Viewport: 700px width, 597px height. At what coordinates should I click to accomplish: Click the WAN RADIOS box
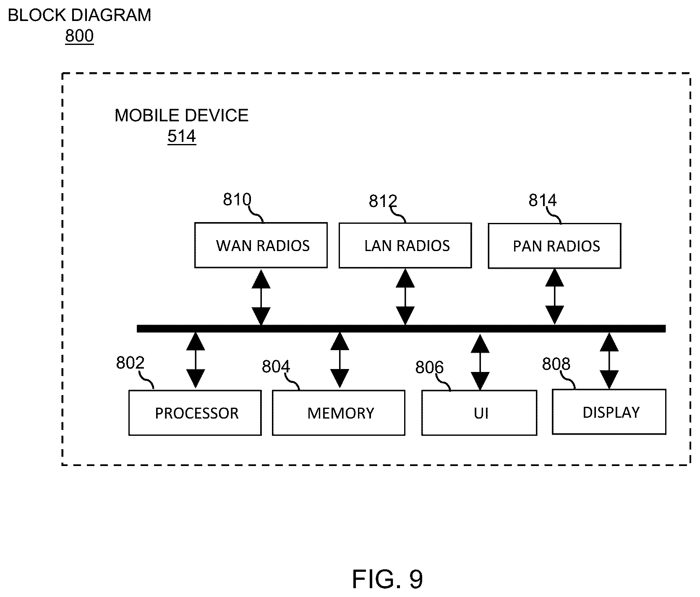coord(261,245)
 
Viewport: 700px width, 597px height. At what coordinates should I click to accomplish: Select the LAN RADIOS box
coord(405,245)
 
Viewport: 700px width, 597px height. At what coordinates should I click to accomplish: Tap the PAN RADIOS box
coord(554,246)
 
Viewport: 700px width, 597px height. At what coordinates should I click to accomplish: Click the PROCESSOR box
coord(195,413)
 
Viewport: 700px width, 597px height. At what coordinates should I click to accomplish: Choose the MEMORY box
coord(339,413)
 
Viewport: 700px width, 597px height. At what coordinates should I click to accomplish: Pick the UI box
coord(479,413)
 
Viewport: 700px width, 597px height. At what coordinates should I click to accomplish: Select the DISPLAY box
coord(609,412)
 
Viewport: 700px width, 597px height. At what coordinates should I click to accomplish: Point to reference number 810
coord(237,200)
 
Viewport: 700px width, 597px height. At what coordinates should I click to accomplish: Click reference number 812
coord(383,202)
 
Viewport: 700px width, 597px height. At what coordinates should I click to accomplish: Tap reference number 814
coord(543,201)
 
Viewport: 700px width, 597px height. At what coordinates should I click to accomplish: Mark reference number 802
coord(130,363)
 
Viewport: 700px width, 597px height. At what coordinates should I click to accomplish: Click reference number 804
coord(276,367)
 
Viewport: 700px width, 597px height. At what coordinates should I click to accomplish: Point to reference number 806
coord(429,368)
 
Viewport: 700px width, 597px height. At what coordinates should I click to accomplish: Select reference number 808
coord(556,364)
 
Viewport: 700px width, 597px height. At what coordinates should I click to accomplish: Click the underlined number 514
coord(182,136)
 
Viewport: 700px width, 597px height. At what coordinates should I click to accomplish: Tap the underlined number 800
coord(79,36)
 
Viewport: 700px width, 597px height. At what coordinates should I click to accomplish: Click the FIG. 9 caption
coord(387,579)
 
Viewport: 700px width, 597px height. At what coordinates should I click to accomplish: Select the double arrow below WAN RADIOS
coord(261,297)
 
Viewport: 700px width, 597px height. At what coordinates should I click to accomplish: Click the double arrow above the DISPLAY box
coord(609,360)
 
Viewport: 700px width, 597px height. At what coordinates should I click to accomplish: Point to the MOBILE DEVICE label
coord(182,115)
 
